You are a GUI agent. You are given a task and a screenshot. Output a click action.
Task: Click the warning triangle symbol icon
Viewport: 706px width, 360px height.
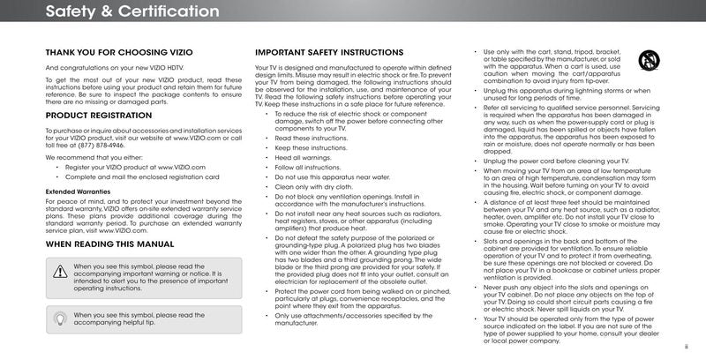60,272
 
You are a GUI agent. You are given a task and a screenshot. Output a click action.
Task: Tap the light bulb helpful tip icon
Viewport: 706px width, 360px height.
60,318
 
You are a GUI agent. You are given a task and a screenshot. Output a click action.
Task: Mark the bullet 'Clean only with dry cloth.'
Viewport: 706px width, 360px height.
312,186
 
